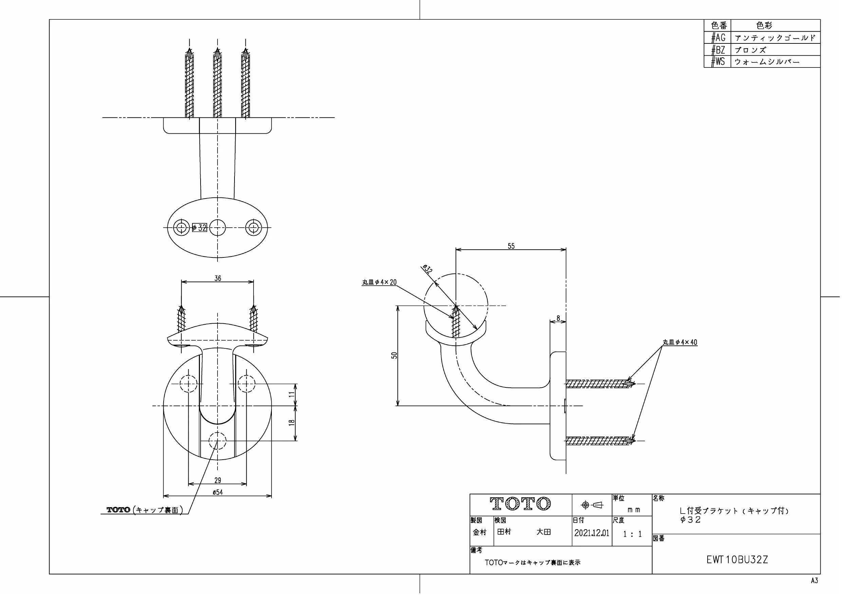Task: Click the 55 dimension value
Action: click(x=511, y=246)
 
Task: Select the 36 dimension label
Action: click(x=218, y=278)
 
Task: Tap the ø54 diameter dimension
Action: click(x=218, y=492)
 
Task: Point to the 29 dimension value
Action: click(x=218, y=480)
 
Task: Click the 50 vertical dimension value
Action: click(x=394, y=355)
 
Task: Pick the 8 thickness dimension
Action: click(x=558, y=318)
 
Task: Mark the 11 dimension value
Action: click(x=292, y=394)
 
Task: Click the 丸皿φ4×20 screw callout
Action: click(x=379, y=282)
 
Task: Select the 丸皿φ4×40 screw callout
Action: click(x=680, y=342)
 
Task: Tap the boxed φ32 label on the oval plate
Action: click(x=200, y=228)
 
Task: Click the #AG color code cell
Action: click(x=718, y=37)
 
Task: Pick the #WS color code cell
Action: click(x=718, y=62)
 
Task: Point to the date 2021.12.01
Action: click(x=592, y=533)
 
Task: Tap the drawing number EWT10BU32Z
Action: click(x=737, y=560)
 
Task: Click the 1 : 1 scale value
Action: click(x=633, y=534)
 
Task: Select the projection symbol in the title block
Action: click(x=592, y=505)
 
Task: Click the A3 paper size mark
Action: click(x=814, y=581)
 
